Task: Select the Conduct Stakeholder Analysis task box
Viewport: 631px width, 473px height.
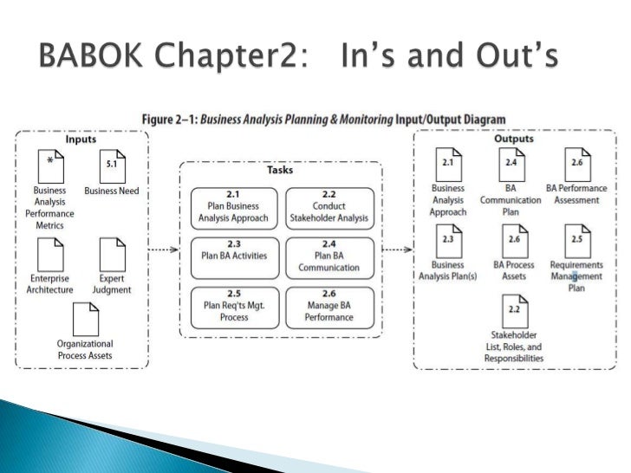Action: point(329,206)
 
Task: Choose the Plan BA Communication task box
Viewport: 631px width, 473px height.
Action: point(329,256)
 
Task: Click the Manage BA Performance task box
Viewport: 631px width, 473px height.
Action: point(329,306)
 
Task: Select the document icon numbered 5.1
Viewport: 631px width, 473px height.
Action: point(112,166)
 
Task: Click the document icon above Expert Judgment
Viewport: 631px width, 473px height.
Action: point(112,255)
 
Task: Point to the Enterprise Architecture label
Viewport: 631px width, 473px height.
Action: point(49,284)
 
